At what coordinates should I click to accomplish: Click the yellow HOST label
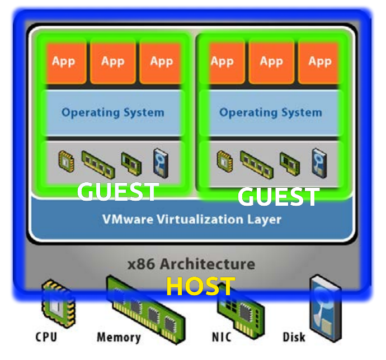(201, 286)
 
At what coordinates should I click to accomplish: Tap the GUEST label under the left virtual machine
(117, 192)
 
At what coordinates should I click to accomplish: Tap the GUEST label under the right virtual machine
(279, 196)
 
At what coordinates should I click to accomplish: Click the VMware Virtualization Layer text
(192, 219)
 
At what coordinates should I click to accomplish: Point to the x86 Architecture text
(191, 264)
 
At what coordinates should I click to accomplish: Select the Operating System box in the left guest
(113, 113)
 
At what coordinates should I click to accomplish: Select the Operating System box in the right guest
(271, 113)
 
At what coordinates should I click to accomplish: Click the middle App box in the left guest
(113, 63)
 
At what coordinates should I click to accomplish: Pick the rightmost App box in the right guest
(319, 63)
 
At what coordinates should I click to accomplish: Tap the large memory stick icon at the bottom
(146, 310)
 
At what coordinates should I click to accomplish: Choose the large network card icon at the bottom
(241, 312)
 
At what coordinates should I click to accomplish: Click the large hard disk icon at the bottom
(326, 308)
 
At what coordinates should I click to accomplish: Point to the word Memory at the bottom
(119, 337)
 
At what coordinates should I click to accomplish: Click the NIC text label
(222, 337)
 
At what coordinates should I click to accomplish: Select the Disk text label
(294, 337)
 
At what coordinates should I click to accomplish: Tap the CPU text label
(46, 337)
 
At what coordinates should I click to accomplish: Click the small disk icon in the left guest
(161, 163)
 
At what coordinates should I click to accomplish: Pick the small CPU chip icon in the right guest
(225, 162)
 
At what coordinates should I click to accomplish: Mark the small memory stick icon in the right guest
(257, 164)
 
